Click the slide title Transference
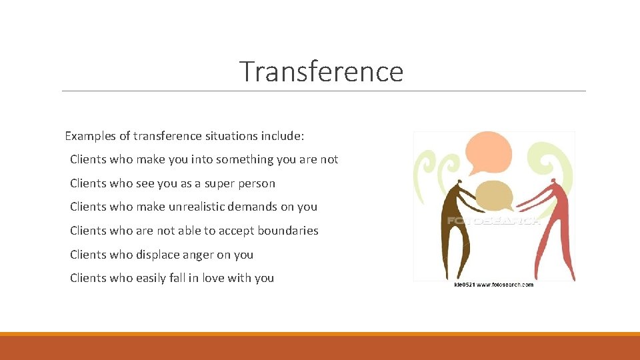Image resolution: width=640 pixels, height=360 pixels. point(321,71)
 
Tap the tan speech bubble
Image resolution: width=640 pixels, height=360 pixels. point(493,195)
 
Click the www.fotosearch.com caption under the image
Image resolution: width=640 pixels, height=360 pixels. point(493,285)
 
